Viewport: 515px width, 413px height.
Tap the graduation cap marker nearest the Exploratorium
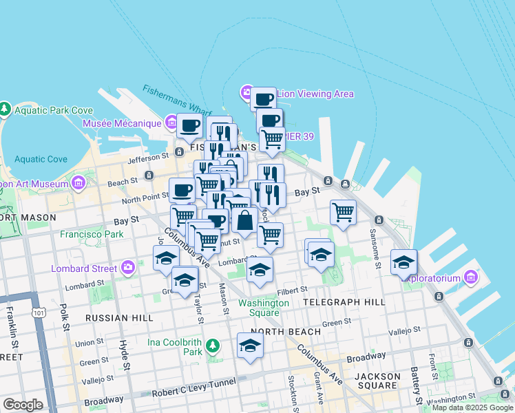(x=404, y=262)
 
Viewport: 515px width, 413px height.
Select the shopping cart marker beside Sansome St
(x=343, y=212)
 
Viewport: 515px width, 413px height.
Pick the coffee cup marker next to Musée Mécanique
(x=189, y=127)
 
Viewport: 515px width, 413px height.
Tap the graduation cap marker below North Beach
(x=250, y=346)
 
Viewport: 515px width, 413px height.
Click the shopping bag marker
(x=244, y=222)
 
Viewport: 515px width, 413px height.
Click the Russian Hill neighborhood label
(x=114, y=318)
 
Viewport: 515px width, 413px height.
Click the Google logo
(x=23, y=405)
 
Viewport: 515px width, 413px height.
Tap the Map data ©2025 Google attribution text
(x=472, y=407)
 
